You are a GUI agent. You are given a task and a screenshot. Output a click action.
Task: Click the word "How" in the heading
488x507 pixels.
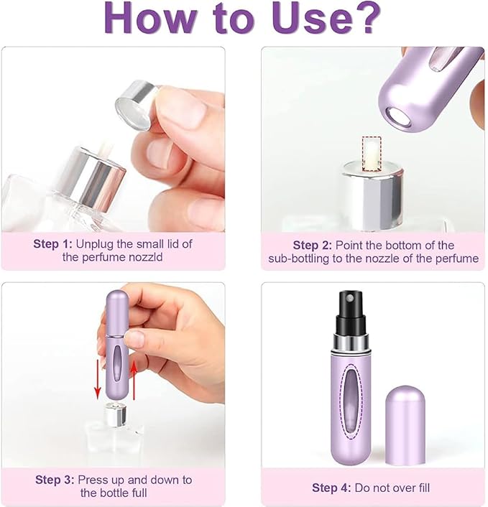point(149,17)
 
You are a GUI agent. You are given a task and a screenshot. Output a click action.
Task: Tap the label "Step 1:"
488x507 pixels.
point(52,243)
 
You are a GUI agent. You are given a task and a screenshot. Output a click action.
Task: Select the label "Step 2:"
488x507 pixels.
point(313,246)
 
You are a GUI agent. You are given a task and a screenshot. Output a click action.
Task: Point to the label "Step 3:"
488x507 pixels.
point(55,480)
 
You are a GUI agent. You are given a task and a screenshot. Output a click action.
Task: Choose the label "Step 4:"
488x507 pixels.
point(331,488)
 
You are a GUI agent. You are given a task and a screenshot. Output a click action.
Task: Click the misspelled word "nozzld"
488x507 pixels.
point(146,257)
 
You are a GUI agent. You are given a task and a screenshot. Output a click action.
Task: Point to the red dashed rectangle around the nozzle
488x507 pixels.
point(372,154)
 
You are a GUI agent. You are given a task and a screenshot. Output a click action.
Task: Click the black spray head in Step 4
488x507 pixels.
point(351,312)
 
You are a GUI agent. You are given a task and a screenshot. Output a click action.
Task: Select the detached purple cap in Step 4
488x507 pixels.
point(405,425)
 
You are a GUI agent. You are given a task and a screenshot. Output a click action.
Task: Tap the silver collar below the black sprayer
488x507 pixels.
point(351,343)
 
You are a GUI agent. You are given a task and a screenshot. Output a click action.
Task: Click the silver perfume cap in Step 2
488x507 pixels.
point(372,195)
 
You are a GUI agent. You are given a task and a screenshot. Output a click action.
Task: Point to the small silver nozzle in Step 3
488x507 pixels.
point(115,414)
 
